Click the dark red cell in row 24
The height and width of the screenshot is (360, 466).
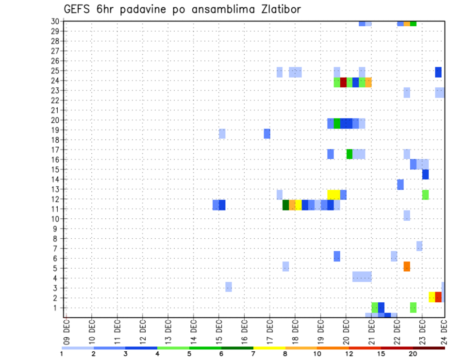[343, 82]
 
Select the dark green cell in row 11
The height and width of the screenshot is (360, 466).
[286, 205]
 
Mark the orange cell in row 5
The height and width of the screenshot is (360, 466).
[407, 266]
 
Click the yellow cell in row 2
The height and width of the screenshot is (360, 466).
[432, 297]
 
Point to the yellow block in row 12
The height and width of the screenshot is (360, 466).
[333, 195]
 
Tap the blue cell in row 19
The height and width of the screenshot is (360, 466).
[267, 133]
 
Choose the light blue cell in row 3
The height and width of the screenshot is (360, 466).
[229, 287]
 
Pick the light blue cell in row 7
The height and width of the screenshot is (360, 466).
[419, 246]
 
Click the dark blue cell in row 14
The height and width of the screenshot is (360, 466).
[426, 175]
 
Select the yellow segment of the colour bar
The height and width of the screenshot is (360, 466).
[269, 347]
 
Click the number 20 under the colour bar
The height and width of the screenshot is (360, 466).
[413, 354]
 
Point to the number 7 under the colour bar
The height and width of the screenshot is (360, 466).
[253, 354]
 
